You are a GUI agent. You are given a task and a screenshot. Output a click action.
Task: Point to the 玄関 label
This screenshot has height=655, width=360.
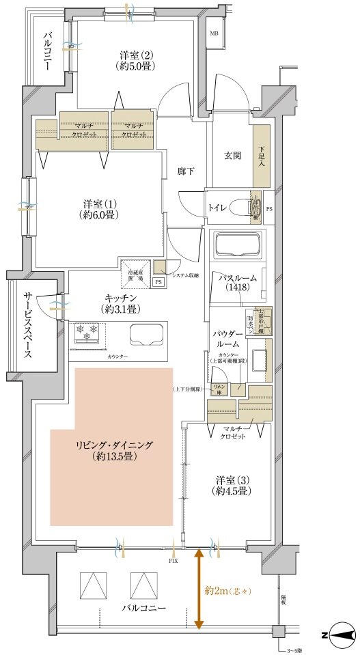(232, 156)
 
